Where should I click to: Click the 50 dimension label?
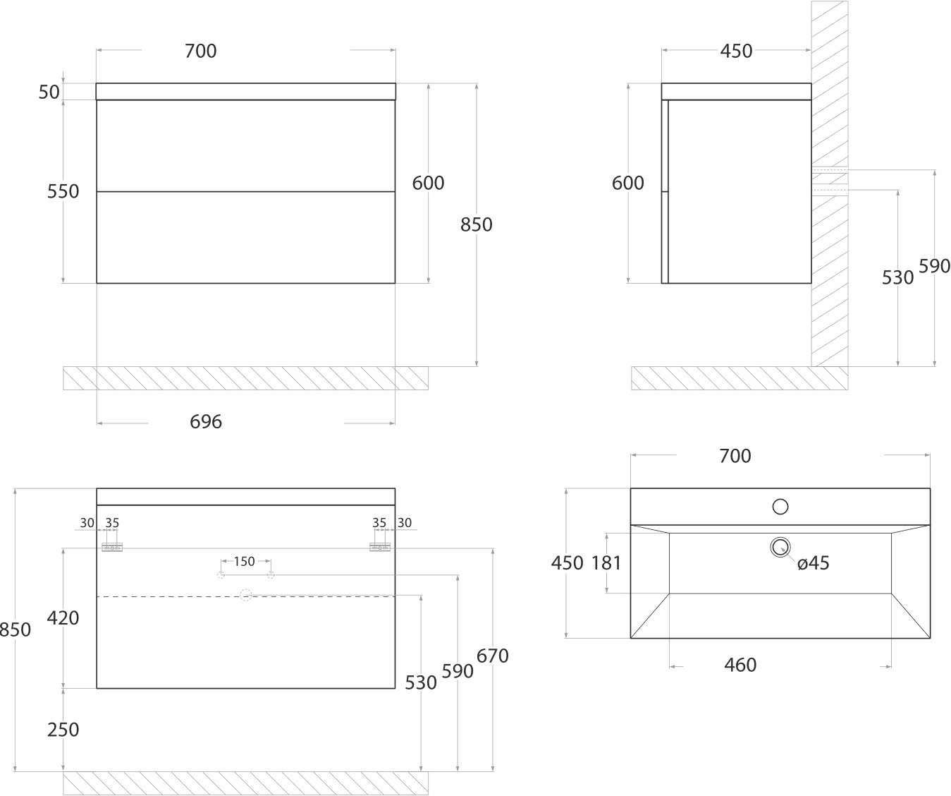tap(49, 92)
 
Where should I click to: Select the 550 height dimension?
tap(63, 191)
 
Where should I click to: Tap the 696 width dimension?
tap(206, 422)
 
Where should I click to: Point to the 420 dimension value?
tap(63, 617)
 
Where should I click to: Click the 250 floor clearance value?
tap(63, 730)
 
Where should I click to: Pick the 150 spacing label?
tap(245, 561)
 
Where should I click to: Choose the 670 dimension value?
tap(492, 656)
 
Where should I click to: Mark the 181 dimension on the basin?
tap(606, 563)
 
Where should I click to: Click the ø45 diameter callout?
tap(814, 563)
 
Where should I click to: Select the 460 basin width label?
tap(740, 665)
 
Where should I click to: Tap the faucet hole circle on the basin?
tap(780, 507)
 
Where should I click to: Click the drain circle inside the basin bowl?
tap(780, 547)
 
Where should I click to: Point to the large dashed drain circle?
tap(245, 595)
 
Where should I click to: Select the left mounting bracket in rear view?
tap(112, 548)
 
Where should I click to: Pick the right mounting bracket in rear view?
tap(380, 548)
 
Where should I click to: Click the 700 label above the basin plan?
tap(735, 456)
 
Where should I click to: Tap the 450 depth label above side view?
tap(736, 51)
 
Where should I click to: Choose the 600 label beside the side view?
tap(627, 183)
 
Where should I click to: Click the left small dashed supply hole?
tap(221, 575)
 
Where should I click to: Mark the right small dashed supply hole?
tap(271, 575)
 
